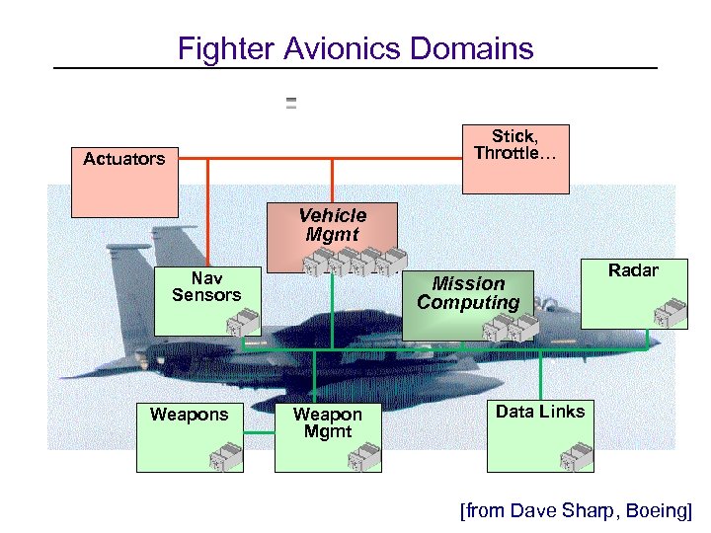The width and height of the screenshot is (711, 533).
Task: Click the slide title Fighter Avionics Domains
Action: click(355, 48)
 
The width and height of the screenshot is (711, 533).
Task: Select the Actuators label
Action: click(124, 159)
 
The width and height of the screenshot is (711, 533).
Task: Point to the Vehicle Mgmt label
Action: click(332, 224)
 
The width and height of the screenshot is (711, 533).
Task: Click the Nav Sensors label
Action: click(206, 286)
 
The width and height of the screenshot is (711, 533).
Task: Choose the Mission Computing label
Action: click(468, 293)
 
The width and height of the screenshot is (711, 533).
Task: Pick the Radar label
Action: click(633, 270)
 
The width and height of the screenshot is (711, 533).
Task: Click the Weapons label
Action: click(189, 415)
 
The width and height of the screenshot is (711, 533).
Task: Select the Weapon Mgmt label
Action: click(328, 422)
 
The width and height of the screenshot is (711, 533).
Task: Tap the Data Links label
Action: click(540, 412)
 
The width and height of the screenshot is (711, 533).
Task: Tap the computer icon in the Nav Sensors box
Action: click(242, 322)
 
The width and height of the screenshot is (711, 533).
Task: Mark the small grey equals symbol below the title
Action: click(291, 103)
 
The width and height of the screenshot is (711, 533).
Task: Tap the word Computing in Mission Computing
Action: click(468, 303)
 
